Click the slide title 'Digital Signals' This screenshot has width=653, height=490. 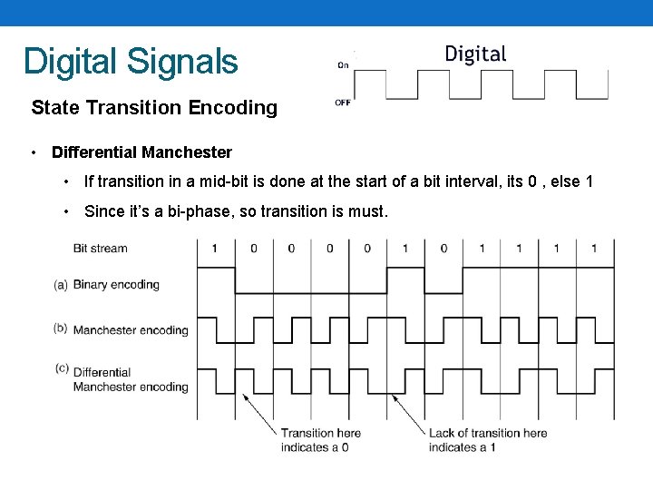point(131,62)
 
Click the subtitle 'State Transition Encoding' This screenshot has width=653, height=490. point(154,108)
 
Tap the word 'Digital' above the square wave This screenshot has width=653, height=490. point(475,54)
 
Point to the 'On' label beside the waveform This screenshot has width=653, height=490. point(343,64)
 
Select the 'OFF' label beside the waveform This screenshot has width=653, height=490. point(343,103)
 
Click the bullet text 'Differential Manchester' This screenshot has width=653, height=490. point(141,152)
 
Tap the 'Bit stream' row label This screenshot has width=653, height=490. point(100,248)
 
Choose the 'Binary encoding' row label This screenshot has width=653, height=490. point(116,284)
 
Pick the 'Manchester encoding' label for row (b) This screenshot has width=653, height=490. point(131,330)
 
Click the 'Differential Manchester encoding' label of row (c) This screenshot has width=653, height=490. point(131,379)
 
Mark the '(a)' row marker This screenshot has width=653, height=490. point(61,284)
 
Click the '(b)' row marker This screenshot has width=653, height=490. point(61,328)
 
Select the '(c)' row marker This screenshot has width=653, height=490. point(61,368)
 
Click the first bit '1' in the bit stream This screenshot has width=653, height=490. point(215,248)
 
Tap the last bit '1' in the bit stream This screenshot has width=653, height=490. point(594,248)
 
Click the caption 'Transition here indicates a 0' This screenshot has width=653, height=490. point(320,440)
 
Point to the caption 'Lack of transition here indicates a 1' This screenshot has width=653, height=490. point(488,440)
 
